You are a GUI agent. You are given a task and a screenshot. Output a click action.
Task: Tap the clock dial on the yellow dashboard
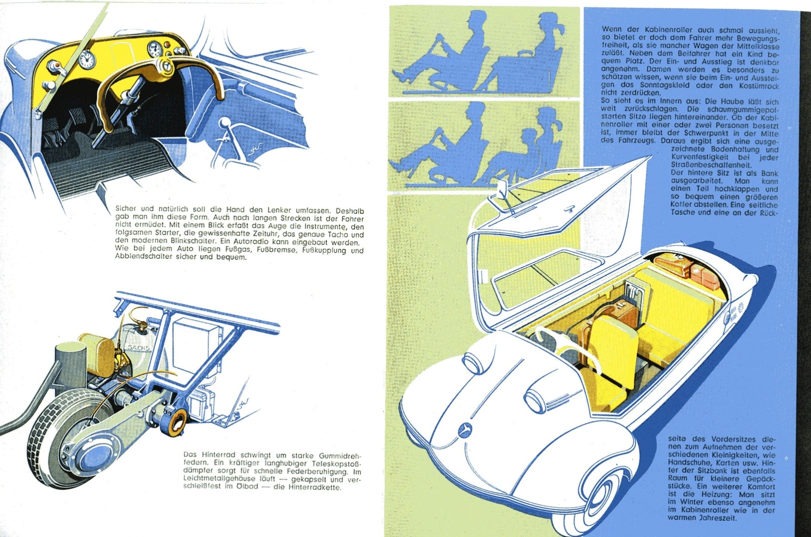click(x=87, y=59)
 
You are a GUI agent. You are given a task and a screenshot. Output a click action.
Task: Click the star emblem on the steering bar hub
click(x=165, y=67)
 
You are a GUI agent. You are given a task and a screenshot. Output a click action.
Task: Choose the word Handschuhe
click(x=687, y=463)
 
